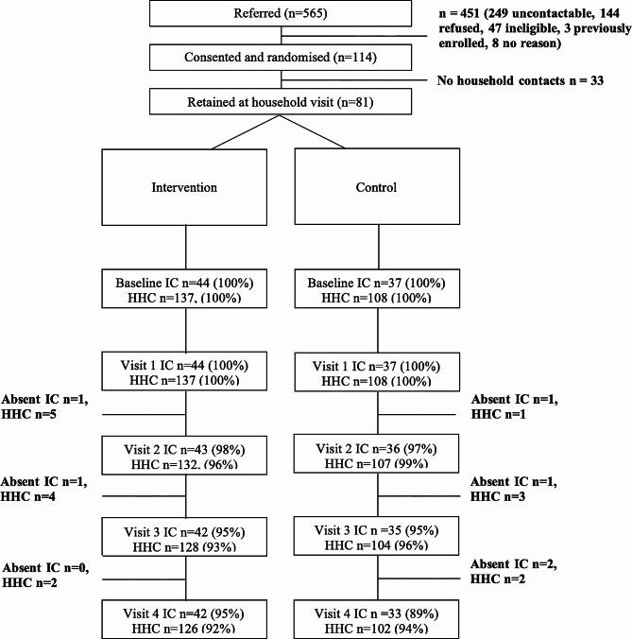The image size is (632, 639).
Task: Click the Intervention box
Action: [x=185, y=187]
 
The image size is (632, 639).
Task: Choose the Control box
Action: [x=378, y=187]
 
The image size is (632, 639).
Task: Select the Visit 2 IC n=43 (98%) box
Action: [x=185, y=453]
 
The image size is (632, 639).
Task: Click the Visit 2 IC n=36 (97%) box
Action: [x=378, y=453]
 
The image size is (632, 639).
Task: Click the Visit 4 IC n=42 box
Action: [x=185, y=615]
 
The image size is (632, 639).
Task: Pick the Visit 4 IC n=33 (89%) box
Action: [x=378, y=615]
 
